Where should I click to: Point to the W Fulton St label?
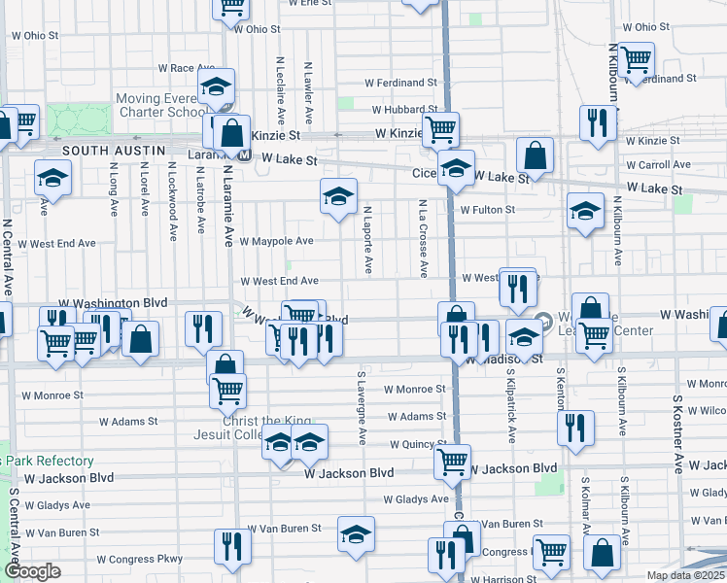click(x=487, y=209)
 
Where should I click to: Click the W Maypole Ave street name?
click(x=276, y=240)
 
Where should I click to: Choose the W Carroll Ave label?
click(x=665, y=165)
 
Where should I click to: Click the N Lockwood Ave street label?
click(x=172, y=201)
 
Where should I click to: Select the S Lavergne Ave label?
click(x=361, y=408)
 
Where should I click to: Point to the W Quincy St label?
click(x=418, y=444)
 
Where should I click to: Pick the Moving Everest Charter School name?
click(x=161, y=105)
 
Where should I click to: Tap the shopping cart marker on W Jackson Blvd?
click(x=452, y=463)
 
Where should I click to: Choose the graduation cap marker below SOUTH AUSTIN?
click(x=52, y=178)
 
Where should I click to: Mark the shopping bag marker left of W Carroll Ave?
click(x=536, y=154)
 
